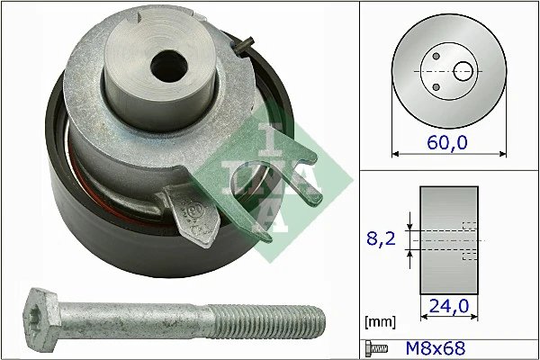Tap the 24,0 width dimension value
click(x=447, y=305)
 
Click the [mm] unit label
click(x=377, y=320)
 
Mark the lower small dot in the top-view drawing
click(x=436, y=86)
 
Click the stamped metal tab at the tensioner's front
click(x=194, y=211)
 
